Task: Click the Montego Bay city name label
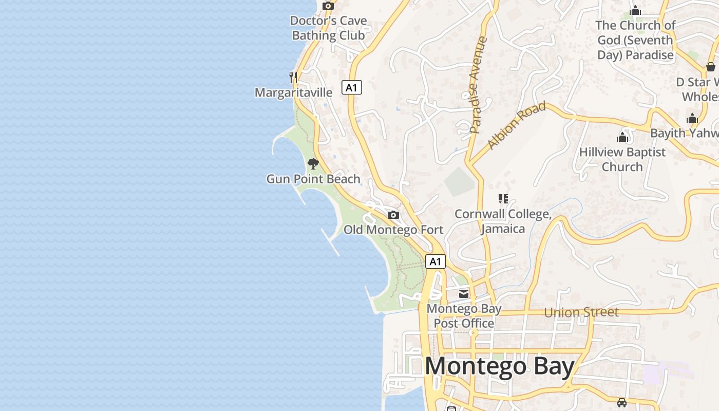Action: coord(499,366)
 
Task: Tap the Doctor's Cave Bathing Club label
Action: coord(329,28)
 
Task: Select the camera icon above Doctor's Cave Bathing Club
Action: coord(328,6)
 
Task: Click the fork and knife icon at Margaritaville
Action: coord(293,78)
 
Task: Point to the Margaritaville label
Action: coord(294,92)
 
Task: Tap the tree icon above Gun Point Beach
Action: coord(313,164)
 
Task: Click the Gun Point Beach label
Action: coord(313,179)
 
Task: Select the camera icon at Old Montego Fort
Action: coord(393,215)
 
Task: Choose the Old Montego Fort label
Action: coord(393,230)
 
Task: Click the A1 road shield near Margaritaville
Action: coord(351,87)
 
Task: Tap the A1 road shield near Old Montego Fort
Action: coord(435,261)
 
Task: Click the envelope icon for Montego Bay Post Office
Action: coord(464,294)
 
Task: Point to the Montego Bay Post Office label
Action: coord(464,316)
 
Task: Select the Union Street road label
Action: coord(581,312)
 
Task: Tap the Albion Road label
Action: coord(516,125)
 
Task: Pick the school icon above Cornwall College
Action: coord(503,198)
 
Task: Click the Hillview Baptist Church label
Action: coord(622,159)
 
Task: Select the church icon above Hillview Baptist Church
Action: coord(622,137)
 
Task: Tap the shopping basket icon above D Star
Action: coord(711,67)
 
